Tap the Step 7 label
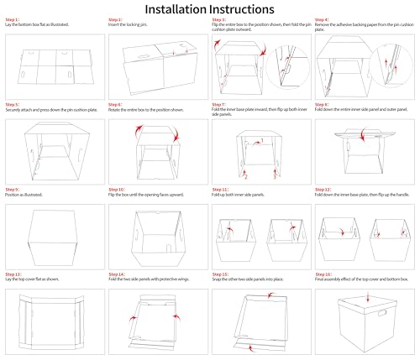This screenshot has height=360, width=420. click(223, 105)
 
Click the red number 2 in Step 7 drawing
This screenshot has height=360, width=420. click(244, 176)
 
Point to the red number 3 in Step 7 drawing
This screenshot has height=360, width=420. click(274, 176)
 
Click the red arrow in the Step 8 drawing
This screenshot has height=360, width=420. click(362, 135)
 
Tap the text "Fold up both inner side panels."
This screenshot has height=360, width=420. click(243, 196)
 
